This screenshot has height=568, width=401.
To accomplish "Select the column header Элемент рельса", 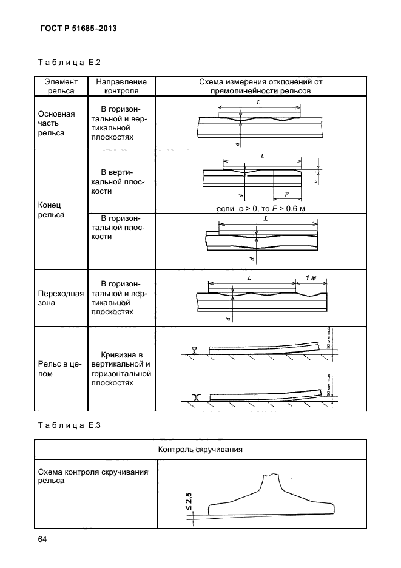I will click(x=61, y=86).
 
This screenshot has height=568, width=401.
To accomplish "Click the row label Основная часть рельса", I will click(x=56, y=123).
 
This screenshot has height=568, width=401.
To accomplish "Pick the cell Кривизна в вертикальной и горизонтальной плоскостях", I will click(x=121, y=369).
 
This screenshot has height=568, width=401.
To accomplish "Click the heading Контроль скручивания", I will click(x=201, y=450).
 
